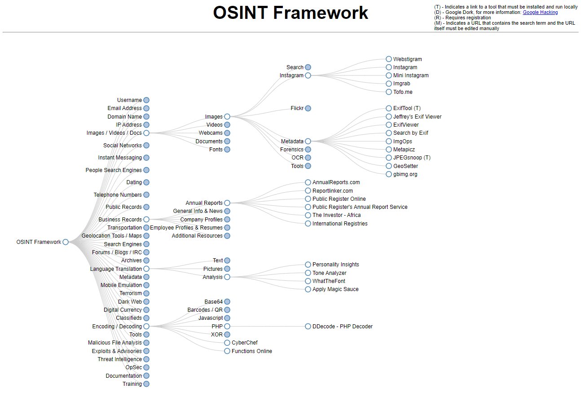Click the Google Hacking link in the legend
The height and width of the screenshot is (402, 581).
point(540,13)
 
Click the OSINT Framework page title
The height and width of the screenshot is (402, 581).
point(290,13)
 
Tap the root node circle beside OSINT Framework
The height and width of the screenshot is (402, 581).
point(66,242)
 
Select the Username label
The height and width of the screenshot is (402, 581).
point(129,100)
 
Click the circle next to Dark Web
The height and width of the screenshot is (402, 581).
point(146,302)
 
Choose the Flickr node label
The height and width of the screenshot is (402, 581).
point(297,108)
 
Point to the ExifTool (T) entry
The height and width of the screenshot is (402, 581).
point(406,108)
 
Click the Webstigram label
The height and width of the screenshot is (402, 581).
point(407,59)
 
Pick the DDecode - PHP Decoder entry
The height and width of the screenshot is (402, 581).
point(342,327)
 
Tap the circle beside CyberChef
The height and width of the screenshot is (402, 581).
point(227,343)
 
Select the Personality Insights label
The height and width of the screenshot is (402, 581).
point(335,265)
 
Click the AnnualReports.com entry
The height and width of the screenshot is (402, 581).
point(336,182)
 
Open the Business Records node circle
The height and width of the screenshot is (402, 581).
point(146,220)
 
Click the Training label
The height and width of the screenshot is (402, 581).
point(132,384)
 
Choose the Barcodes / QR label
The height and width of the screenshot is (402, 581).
point(205,310)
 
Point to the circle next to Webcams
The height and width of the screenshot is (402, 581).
point(227,133)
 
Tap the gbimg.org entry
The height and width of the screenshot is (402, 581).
point(405,174)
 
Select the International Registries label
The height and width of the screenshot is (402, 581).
point(339,224)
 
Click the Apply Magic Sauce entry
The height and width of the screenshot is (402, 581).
point(335,289)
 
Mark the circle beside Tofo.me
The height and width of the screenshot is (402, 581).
point(389,92)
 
